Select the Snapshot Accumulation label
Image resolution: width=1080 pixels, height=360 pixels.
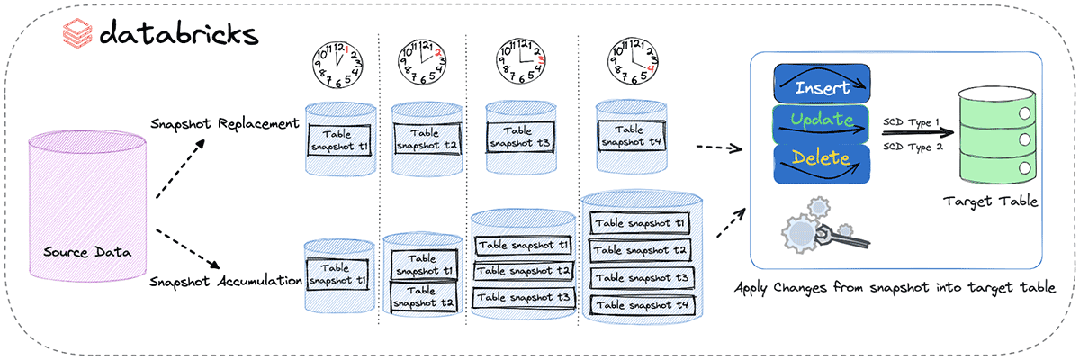(226, 282)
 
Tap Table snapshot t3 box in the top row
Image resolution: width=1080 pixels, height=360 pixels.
(517, 137)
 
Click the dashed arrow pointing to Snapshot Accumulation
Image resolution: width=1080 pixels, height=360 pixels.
(186, 249)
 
